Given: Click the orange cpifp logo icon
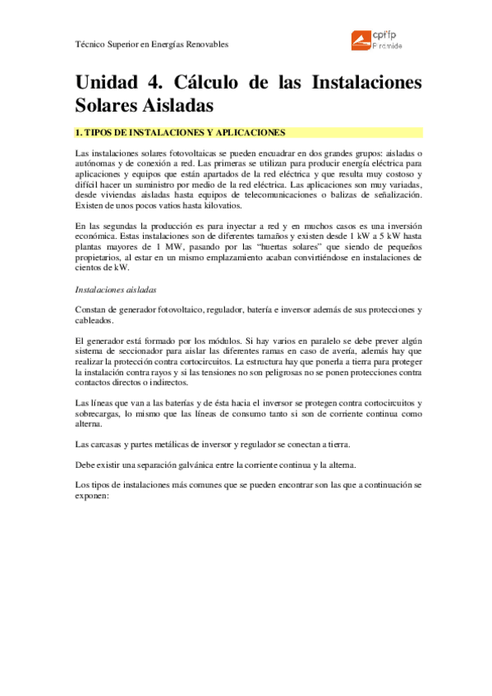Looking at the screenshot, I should tap(359, 39).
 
